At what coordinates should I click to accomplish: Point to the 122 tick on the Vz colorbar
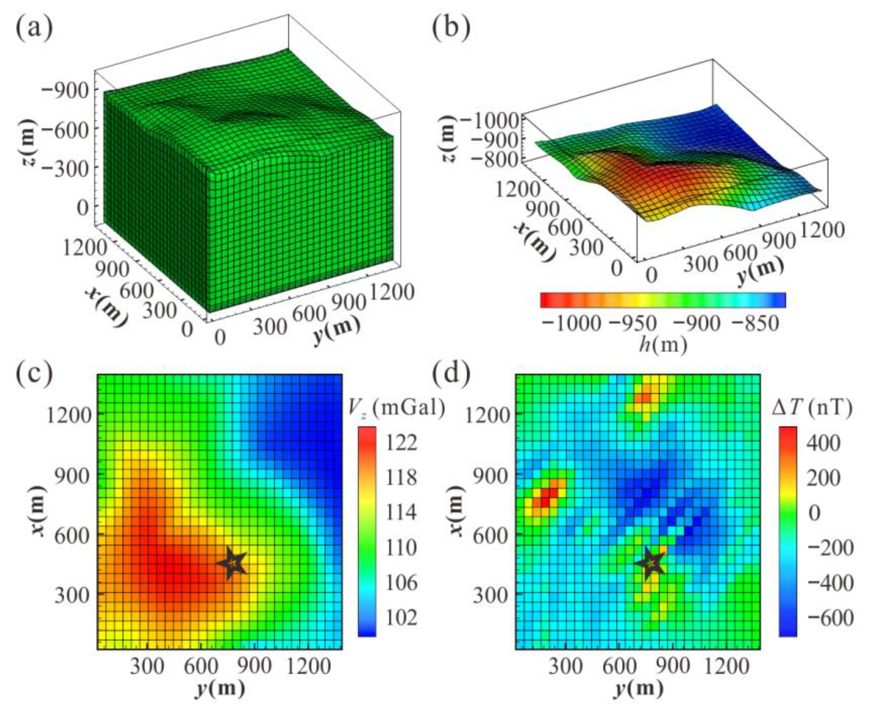401,443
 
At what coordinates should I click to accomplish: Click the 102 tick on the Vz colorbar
401,618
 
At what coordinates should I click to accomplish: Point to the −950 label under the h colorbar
634,324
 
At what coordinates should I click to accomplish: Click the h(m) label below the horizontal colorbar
663,345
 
